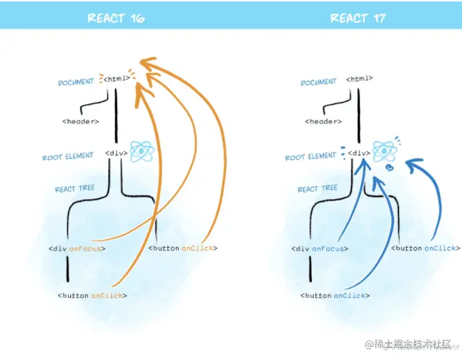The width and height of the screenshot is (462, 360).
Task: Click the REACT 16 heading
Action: [115, 17]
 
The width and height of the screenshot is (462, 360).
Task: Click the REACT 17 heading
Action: [358, 17]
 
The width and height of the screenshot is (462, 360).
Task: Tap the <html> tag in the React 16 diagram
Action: [117, 78]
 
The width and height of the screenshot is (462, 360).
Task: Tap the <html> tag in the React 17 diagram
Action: [359, 78]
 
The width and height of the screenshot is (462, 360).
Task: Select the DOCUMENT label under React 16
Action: [76, 82]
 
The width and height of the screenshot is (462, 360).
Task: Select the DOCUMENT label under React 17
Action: [318, 82]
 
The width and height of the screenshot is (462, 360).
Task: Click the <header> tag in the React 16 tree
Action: [81, 121]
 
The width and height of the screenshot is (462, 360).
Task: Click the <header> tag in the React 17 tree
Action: [323, 121]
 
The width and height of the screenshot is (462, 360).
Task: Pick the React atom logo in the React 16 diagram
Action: [140, 152]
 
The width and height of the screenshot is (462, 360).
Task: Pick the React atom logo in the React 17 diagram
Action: [383, 151]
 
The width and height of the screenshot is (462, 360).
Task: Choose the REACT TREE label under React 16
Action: [75, 189]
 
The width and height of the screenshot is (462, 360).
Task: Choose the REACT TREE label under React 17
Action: [318, 189]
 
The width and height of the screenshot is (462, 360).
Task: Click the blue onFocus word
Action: [332, 248]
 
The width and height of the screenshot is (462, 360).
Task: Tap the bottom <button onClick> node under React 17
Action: [334, 295]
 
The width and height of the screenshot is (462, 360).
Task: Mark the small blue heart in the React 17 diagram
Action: [390, 167]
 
